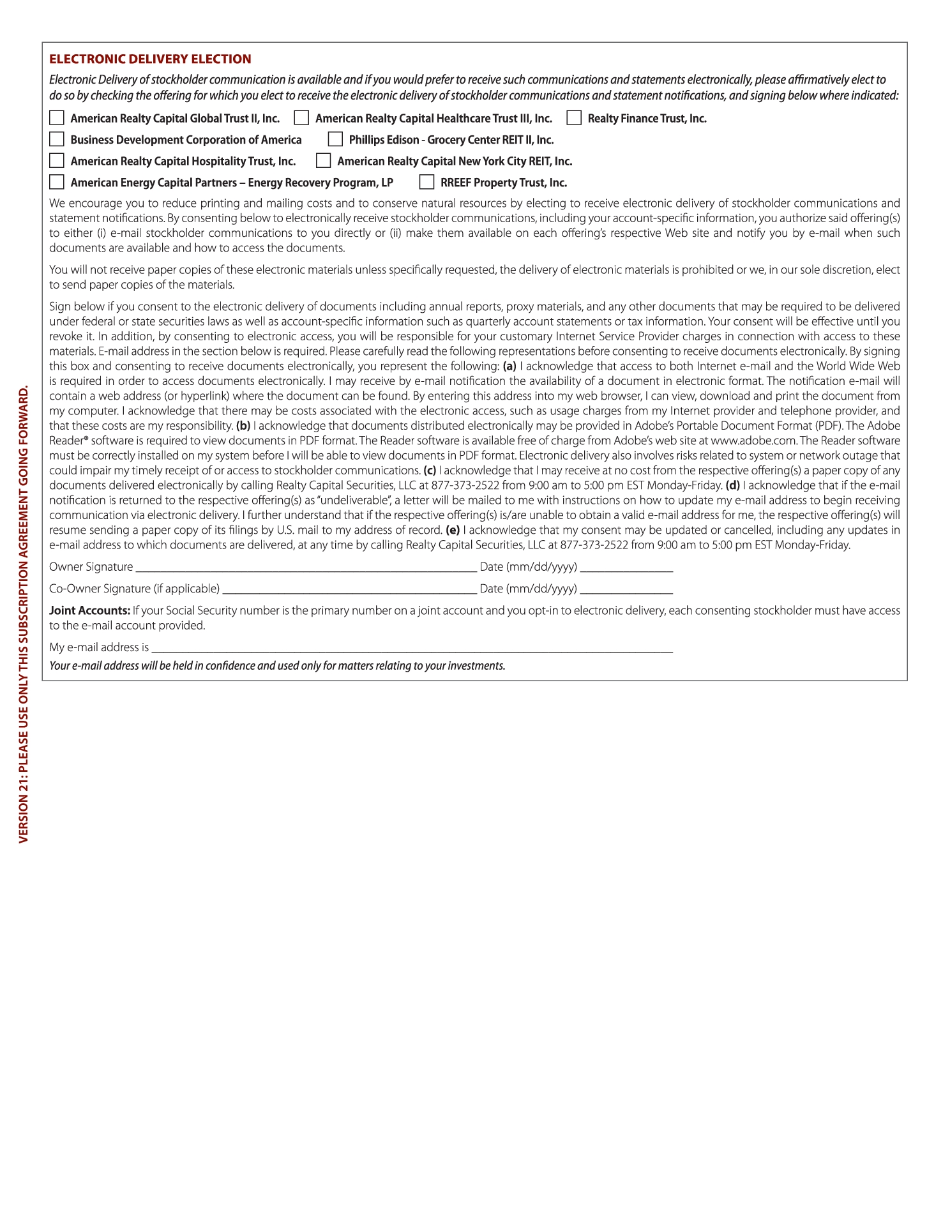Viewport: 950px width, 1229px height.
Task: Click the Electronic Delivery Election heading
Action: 150,59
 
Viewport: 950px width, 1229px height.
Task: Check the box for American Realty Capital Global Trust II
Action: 57,118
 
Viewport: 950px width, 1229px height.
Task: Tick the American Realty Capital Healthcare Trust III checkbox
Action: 301,118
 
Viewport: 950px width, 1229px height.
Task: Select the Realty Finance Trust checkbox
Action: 574,118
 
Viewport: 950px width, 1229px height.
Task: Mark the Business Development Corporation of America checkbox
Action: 57,139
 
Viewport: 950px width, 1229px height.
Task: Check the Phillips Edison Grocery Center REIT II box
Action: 335,139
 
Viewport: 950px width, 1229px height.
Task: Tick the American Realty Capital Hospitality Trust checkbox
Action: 57,160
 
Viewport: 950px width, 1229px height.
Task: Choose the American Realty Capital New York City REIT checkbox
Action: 324,160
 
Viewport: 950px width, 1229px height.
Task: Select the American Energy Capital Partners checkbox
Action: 57,182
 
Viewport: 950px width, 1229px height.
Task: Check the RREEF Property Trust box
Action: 426,182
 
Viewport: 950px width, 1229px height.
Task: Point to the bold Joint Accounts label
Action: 89,610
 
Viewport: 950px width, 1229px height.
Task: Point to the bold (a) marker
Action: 509,366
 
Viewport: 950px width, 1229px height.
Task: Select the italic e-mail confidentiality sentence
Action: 277,666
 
